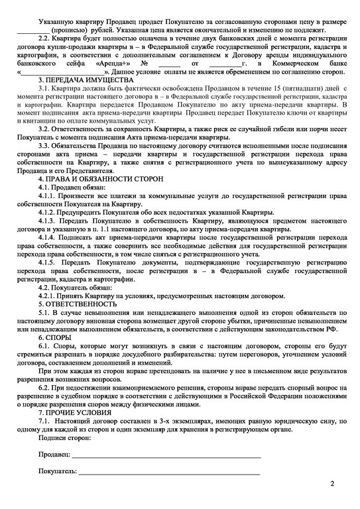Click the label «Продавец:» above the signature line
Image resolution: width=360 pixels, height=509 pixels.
coord(53,455)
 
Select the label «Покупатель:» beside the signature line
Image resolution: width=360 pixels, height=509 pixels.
coord(56,471)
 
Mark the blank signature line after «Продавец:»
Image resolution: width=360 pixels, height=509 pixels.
coord(166,457)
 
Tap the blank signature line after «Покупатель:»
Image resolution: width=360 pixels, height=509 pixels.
coord(169,473)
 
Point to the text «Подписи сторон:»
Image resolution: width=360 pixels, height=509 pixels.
coord(66,438)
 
